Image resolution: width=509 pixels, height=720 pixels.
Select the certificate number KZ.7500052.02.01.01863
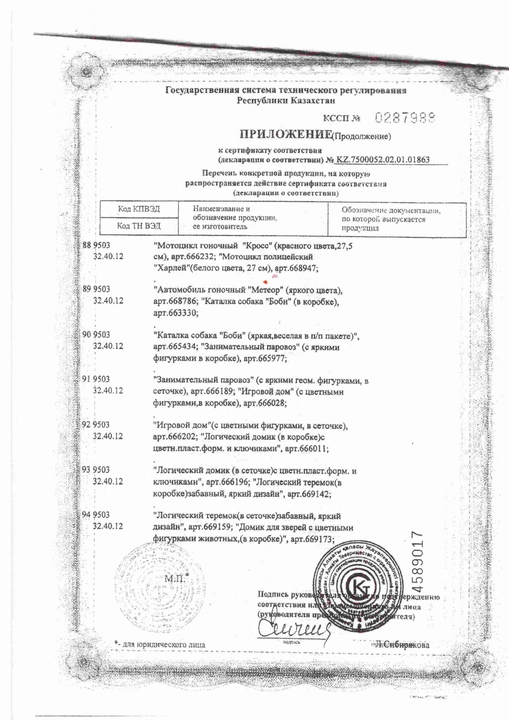(x=383, y=160)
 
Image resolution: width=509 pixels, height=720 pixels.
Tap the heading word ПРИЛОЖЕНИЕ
(x=285, y=134)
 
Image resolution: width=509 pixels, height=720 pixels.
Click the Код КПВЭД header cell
(x=139, y=209)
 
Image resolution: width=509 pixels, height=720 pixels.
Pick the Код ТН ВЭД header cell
(x=139, y=226)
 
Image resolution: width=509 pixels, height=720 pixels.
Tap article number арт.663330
(x=176, y=313)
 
